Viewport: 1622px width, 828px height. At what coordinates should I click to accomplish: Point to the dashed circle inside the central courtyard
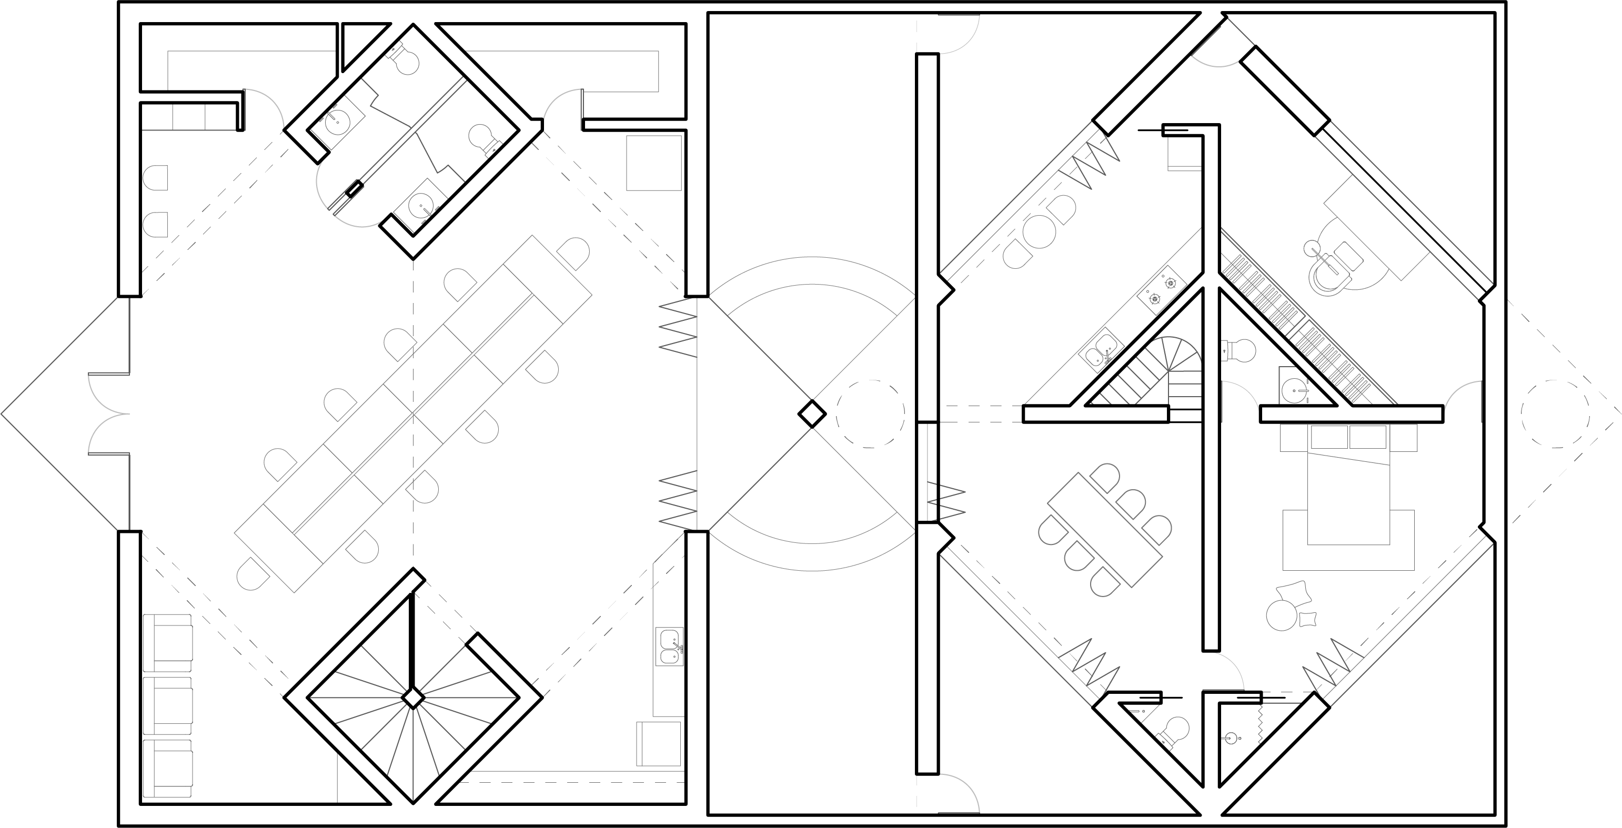[871, 413]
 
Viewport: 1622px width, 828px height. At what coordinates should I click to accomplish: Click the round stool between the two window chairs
[1040, 231]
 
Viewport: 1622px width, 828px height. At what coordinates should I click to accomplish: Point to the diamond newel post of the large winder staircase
[412, 698]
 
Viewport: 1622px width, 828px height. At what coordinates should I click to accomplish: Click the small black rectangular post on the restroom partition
[356, 188]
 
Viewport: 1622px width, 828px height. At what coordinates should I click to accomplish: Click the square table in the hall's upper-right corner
[654, 163]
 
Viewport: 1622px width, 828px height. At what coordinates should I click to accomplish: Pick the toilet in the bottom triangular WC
[1173, 733]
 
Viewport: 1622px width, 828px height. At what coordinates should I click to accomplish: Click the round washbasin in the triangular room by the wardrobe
[1294, 389]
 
